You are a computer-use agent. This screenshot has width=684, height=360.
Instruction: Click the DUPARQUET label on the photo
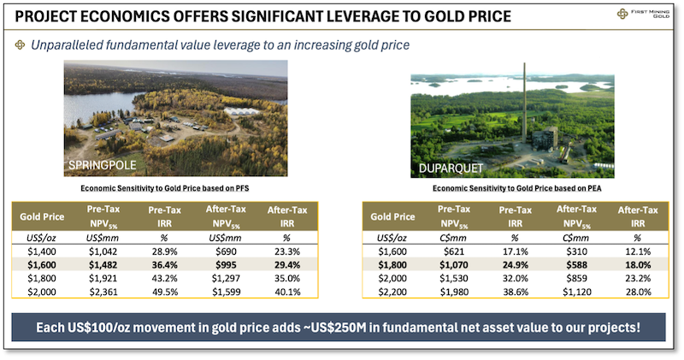click(451, 168)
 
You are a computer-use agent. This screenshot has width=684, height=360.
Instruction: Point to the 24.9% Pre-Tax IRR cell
click(515, 266)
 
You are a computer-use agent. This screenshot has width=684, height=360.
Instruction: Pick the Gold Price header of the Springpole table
click(42, 215)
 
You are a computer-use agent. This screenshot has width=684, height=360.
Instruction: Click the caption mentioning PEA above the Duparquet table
click(517, 188)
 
